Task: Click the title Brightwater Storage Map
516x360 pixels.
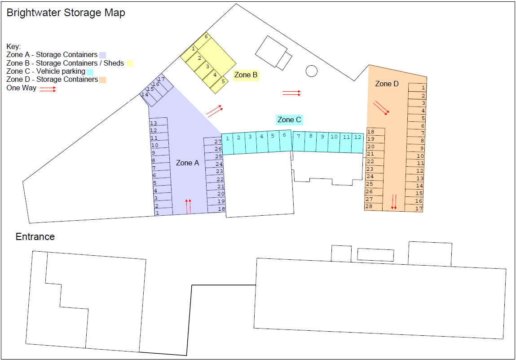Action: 66,13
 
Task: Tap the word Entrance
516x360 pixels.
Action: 35,237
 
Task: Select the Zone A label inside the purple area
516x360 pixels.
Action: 187,163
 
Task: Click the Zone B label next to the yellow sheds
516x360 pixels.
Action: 246,75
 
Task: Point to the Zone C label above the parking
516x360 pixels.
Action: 289,120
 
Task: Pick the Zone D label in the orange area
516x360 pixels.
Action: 387,84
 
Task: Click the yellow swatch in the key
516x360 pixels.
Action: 129,63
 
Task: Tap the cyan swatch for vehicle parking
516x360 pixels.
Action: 90,71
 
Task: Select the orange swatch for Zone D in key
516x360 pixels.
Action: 103,80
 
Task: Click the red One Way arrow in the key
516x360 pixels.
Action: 48,89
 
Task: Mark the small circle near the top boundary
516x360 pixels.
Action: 311,71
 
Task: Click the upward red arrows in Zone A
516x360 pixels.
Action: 189,206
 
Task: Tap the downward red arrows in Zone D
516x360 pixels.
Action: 394,201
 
